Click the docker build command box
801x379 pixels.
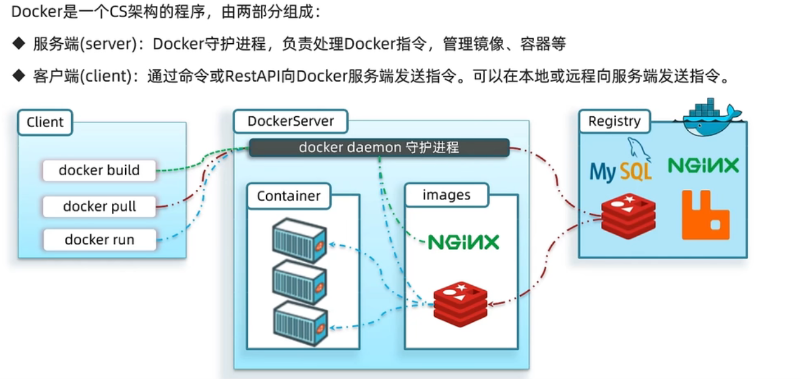pyautogui.click(x=99, y=170)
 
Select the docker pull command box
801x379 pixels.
pyautogui.click(x=99, y=206)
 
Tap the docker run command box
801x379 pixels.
pyautogui.click(x=99, y=240)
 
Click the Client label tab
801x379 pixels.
pyautogui.click(x=45, y=122)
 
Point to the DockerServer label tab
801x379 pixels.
pyautogui.click(x=290, y=121)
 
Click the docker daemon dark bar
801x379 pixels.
pyautogui.click(x=379, y=148)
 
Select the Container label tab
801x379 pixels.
pyautogui.click(x=288, y=196)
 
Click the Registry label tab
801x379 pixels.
pyautogui.click(x=614, y=121)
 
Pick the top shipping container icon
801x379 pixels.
pyautogui.click(x=299, y=240)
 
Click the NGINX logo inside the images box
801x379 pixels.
pyautogui.click(x=463, y=242)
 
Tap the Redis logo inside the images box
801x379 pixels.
pyautogui.click(x=461, y=304)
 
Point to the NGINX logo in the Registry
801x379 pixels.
pyautogui.click(x=703, y=165)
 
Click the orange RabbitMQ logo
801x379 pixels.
pyautogui.click(x=705, y=215)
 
